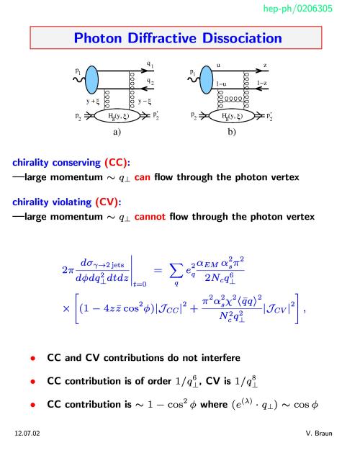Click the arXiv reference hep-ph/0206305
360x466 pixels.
click(x=297, y=9)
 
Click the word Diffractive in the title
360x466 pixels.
click(x=162, y=38)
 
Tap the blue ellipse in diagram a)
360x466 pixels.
click(x=91, y=80)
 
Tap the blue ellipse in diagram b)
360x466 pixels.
click(x=207, y=80)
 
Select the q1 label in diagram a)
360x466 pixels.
click(x=150, y=64)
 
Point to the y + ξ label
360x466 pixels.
click(x=92, y=102)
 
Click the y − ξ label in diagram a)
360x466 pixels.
click(x=145, y=102)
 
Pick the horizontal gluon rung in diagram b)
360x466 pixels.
click(x=233, y=99)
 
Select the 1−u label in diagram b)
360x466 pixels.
click(x=221, y=84)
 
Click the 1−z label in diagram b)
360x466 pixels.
click(x=261, y=83)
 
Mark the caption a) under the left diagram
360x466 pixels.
click(x=117, y=132)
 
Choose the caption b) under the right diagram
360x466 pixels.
click(x=232, y=132)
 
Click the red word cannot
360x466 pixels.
click(x=150, y=217)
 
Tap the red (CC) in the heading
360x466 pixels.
click(x=116, y=163)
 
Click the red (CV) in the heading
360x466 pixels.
click(x=107, y=202)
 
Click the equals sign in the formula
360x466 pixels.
click(x=158, y=270)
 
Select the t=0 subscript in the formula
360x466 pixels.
click(x=140, y=284)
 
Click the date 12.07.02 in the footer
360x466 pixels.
click(x=27, y=434)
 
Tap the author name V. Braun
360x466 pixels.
click(x=319, y=434)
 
